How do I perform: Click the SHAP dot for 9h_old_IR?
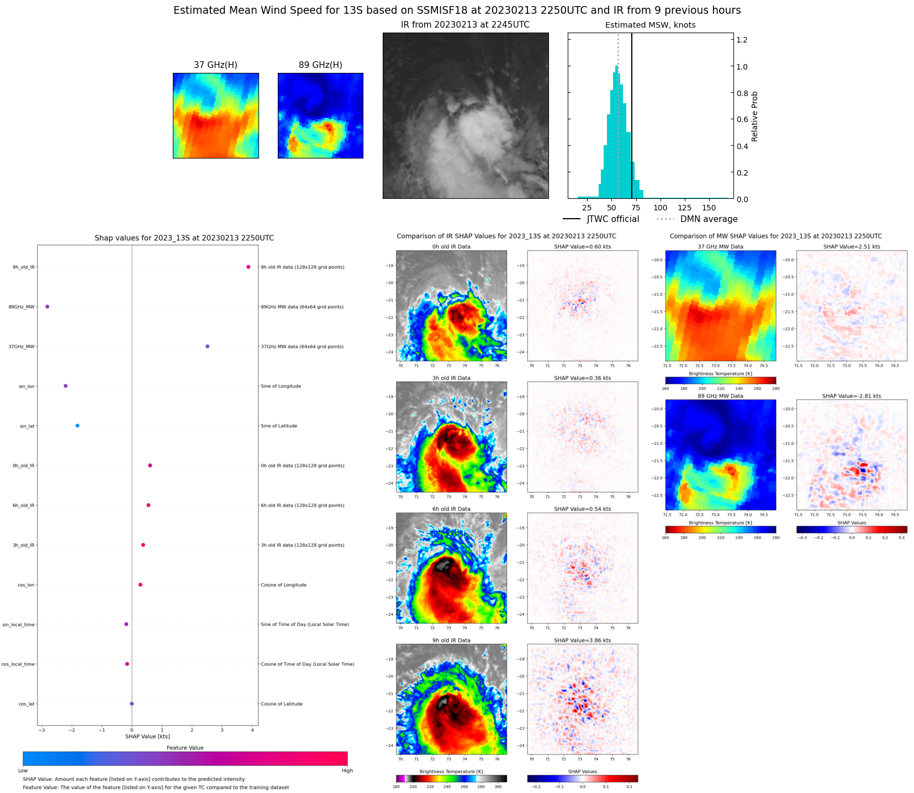[x=248, y=267]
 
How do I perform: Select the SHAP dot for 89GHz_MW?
[x=47, y=306]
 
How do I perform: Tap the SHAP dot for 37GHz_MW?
[x=207, y=346]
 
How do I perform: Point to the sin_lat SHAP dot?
[x=77, y=426]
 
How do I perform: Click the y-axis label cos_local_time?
[x=18, y=664]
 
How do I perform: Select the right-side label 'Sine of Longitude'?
[x=281, y=386]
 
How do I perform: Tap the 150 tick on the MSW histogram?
[x=709, y=208]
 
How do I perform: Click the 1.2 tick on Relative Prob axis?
[x=742, y=40]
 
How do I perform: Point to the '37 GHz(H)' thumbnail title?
[x=215, y=65]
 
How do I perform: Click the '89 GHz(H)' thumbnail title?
[x=320, y=65]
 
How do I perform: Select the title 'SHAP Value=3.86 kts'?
[x=582, y=641]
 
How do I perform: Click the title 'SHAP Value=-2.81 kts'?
[x=851, y=396]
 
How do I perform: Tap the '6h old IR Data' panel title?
[x=451, y=509]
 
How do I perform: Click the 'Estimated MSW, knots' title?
[x=650, y=25]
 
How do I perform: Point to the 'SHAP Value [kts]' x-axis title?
[x=147, y=736]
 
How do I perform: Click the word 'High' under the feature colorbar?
[x=347, y=770]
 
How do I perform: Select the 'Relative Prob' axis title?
[x=754, y=116]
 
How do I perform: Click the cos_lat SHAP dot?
[x=131, y=704]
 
